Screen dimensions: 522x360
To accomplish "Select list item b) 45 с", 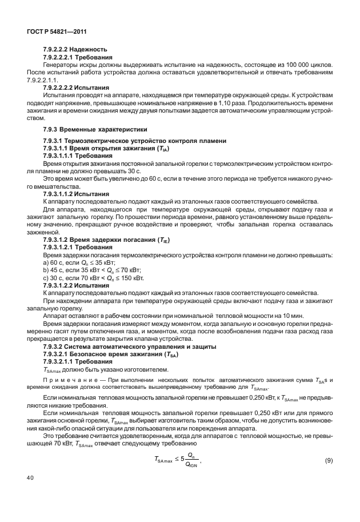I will [x=93, y=270].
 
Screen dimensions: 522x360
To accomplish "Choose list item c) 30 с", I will [x=93, y=278].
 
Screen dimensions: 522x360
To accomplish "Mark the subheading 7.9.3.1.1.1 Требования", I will [x=74, y=156].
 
